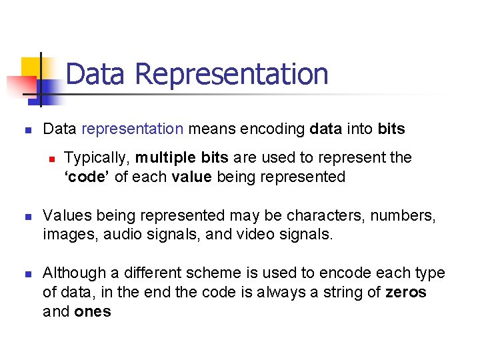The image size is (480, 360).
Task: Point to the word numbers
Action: pyautogui.click(x=408, y=215)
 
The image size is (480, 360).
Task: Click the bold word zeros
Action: pyautogui.click(x=405, y=292)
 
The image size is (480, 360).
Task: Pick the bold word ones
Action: pyautogui.click(x=93, y=311)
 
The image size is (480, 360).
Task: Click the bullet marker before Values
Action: pyautogui.click(x=28, y=217)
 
